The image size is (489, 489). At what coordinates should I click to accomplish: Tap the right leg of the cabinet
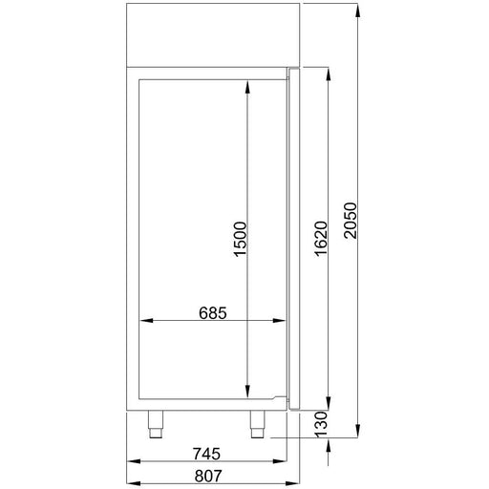[258, 425]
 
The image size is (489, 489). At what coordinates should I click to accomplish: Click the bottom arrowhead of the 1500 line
[248, 391]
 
